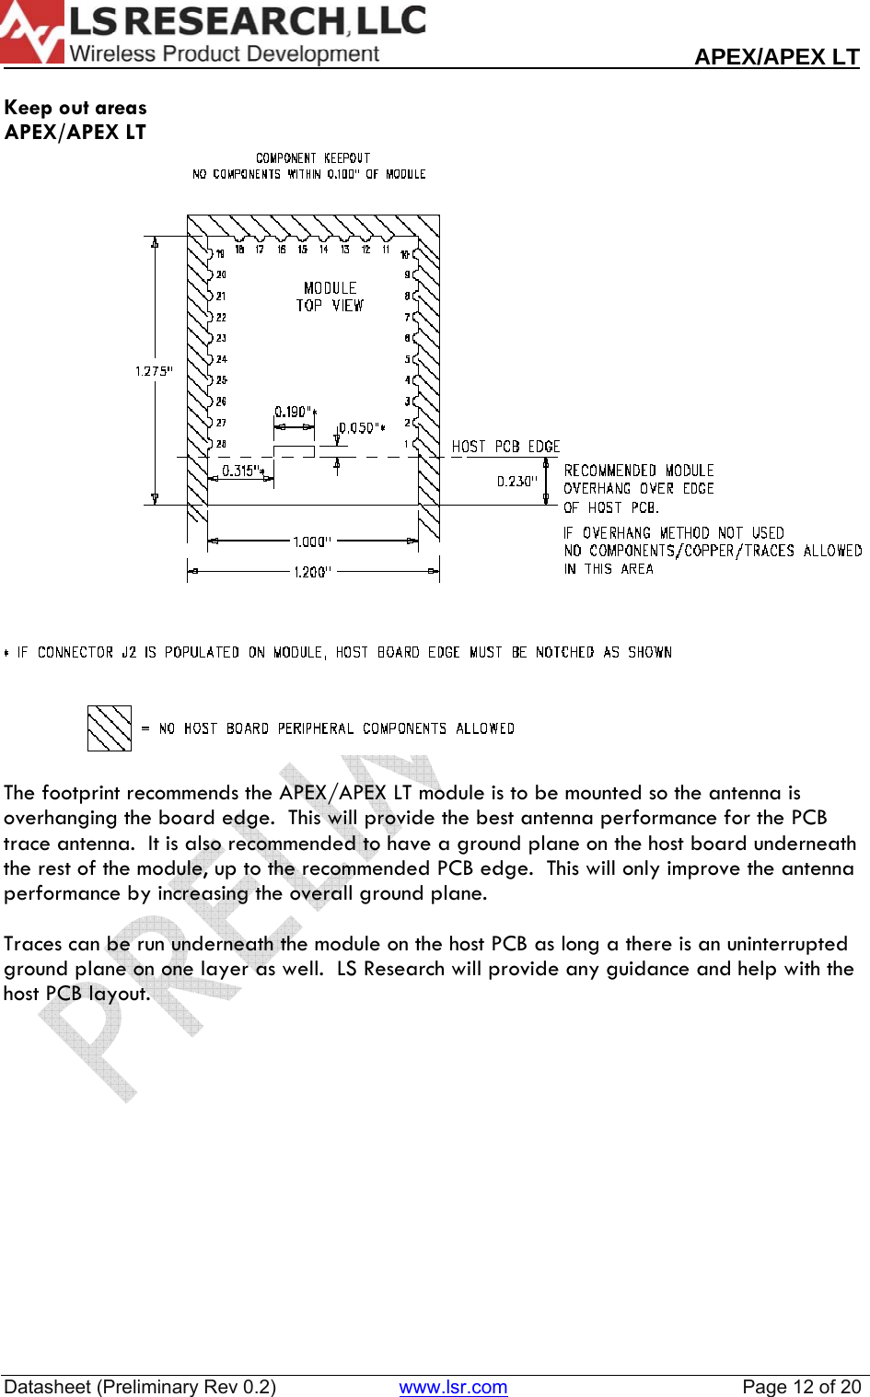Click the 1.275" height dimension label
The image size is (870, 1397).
click(154, 371)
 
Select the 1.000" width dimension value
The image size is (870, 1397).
click(312, 541)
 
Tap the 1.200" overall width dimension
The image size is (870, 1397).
click(312, 572)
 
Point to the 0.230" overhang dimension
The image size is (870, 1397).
click(516, 481)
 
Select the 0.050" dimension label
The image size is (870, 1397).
click(359, 427)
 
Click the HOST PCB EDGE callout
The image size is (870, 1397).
click(505, 447)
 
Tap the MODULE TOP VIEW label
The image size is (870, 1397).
click(330, 297)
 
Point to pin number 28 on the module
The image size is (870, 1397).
click(221, 444)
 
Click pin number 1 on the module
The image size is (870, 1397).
click(406, 444)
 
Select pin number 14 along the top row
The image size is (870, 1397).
click(323, 249)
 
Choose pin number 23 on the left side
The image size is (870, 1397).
click(221, 338)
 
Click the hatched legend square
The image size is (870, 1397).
click(110, 728)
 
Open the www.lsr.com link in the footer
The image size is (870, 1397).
click(453, 1387)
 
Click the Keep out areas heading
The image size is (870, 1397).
click(75, 108)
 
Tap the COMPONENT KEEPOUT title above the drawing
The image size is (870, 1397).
click(313, 158)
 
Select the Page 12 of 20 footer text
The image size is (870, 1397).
click(801, 1387)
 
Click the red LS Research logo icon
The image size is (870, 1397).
click(31, 33)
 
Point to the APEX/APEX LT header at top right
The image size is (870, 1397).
click(776, 57)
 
